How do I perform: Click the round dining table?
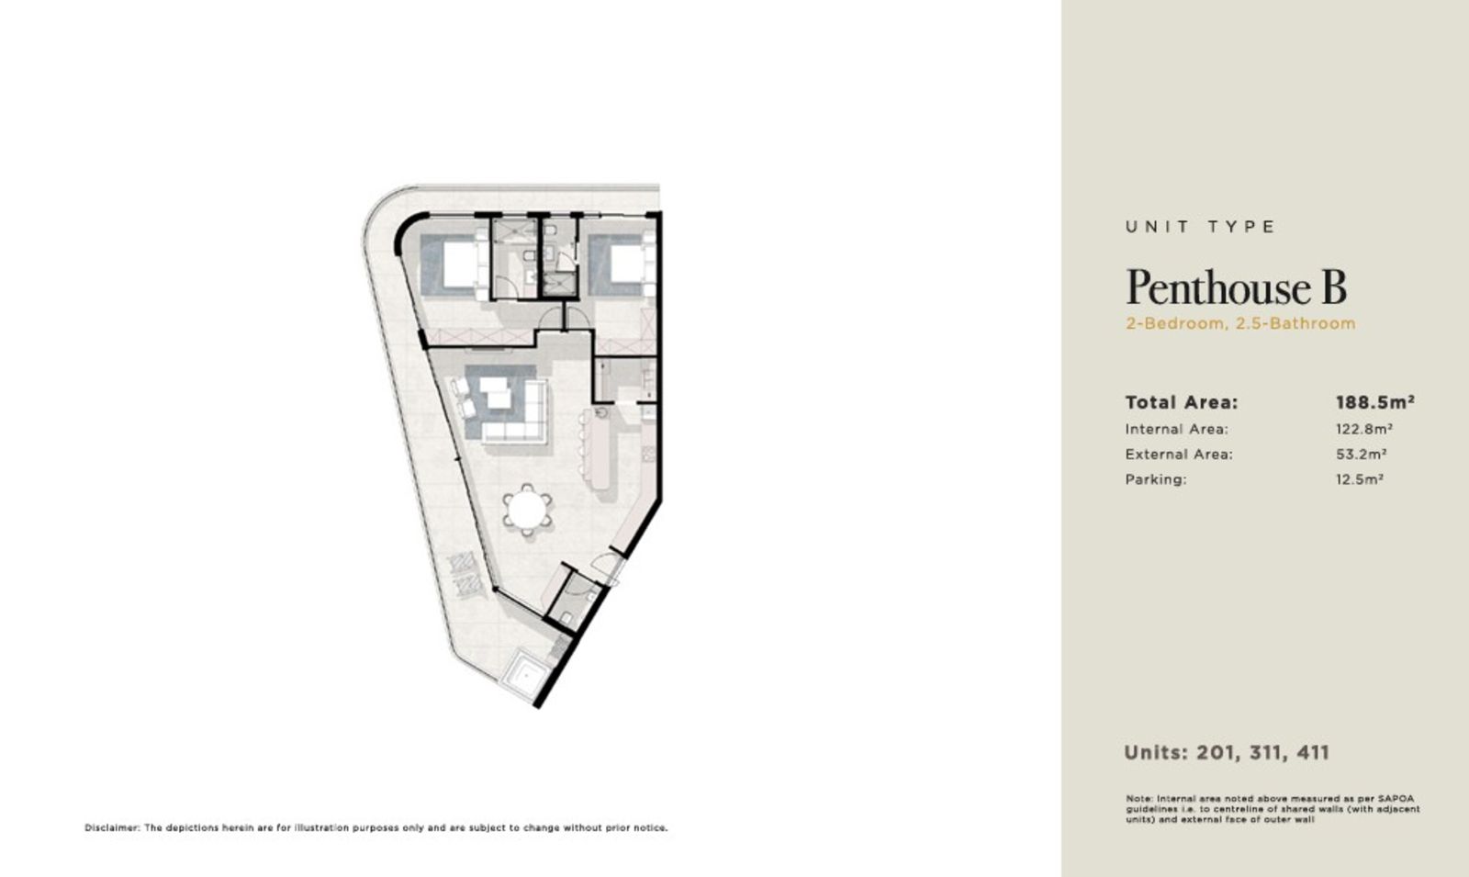point(527,511)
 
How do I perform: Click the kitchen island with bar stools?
point(600,449)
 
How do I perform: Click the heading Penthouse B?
point(1236,287)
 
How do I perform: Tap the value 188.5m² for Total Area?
point(1375,402)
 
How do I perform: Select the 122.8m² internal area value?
point(1364,429)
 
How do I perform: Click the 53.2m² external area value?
point(1362,454)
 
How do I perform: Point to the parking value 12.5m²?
point(1360,478)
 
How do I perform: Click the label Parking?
point(1156,479)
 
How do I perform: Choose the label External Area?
point(1179,454)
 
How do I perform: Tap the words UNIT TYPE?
point(1200,227)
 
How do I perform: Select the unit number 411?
point(1313,752)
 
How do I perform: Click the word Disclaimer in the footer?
point(111,827)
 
